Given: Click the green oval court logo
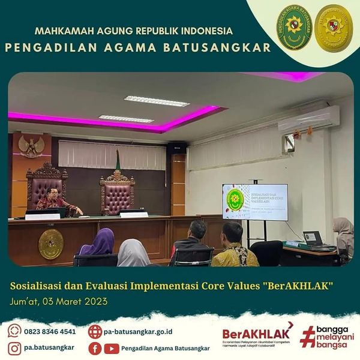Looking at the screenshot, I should (295, 26).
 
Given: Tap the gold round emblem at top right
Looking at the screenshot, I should (334, 26).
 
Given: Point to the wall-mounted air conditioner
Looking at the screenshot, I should (308, 120).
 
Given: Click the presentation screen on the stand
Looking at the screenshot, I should (254, 202).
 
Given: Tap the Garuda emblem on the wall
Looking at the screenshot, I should (30, 145).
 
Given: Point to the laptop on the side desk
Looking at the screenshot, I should (313, 239).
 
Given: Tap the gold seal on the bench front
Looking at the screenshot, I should (51, 244).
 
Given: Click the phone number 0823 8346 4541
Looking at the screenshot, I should (50, 331).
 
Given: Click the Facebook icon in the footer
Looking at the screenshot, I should (95, 348).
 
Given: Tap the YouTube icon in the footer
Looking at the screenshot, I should (111, 348).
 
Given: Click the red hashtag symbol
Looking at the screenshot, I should (308, 337).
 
